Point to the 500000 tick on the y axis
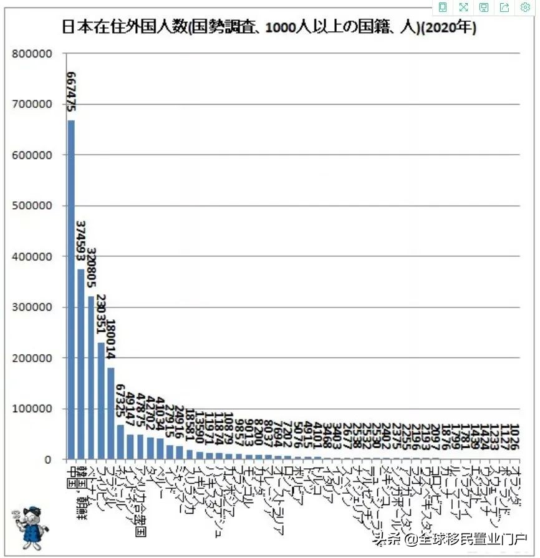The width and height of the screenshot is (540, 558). click(x=32, y=206)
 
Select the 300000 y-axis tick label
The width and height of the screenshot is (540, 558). click(x=32, y=307)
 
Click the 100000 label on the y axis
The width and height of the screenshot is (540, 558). click(x=32, y=409)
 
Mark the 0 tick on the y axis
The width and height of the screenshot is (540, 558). click(x=52, y=459)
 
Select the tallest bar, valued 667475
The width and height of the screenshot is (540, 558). click(x=71, y=290)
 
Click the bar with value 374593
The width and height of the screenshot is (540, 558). click(x=81, y=364)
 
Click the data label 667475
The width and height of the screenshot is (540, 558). click(x=71, y=92)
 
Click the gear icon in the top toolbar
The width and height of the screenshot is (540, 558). click(x=525, y=7)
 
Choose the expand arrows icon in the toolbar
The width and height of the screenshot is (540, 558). click(x=463, y=7)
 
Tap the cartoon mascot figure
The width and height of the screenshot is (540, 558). click(x=27, y=524)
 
